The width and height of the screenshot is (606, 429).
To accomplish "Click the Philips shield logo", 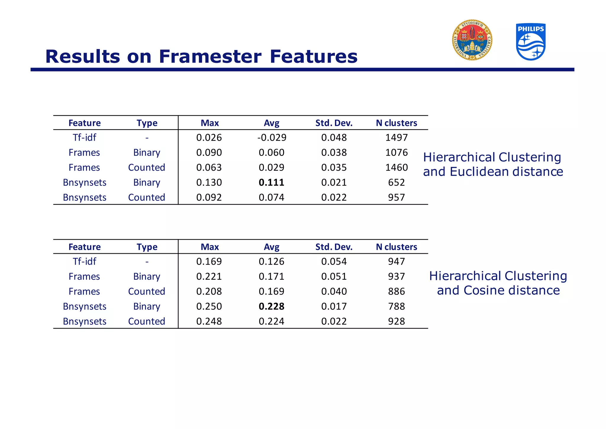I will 531,42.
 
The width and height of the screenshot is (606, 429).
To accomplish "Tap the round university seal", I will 472,40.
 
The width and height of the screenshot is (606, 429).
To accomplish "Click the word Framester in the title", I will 210,56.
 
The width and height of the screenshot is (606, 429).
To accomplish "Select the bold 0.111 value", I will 271,183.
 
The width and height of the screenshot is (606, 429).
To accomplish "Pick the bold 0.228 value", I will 271,306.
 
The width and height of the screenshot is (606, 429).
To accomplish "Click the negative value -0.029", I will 271,137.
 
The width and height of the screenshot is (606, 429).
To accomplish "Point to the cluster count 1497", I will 397,137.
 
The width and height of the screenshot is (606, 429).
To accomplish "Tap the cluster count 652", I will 397,183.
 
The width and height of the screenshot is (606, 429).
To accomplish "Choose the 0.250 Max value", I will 209,306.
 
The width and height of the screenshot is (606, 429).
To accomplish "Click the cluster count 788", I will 397,306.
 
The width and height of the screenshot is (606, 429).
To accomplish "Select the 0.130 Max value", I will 209,183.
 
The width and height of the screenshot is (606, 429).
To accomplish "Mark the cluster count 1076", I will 397,153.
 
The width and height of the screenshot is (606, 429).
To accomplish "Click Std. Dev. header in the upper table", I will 334,123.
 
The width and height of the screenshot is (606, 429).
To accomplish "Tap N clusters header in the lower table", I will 397,247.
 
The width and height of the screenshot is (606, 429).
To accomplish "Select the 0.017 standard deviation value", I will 334,306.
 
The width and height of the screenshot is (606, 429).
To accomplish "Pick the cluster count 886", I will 397,291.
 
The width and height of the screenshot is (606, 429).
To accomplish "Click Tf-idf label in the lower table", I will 84,261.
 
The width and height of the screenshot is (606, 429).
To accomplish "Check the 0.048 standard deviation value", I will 334,137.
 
